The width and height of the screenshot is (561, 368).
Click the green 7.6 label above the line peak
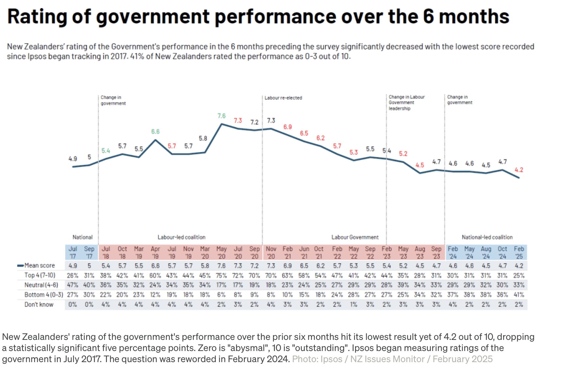[x=221, y=116]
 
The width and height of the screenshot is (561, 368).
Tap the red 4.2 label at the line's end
[x=519, y=170]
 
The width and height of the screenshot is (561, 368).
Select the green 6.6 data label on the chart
[x=155, y=131]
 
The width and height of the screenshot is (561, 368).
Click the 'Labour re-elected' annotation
[x=283, y=98]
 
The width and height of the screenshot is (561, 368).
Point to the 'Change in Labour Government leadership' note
[x=406, y=103]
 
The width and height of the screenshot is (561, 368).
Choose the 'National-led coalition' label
[x=487, y=237]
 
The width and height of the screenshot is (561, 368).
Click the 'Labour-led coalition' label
[x=181, y=237]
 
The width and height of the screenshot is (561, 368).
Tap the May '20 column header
[x=221, y=253]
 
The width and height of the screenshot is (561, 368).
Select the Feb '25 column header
[x=519, y=253]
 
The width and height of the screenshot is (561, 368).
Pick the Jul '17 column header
[x=73, y=253]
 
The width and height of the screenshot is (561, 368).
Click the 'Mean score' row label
[x=40, y=265]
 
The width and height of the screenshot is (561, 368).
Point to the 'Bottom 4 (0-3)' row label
[x=43, y=295]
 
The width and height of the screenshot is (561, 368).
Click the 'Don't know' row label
[x=39, y=305]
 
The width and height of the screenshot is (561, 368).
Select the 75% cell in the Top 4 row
[x=221, y=275]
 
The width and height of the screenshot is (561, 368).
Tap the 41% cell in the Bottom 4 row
[x=519, y=295]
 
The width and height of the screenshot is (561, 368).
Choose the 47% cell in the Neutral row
[x=73, y=285]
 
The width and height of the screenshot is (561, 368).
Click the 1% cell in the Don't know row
[x=353, y=305]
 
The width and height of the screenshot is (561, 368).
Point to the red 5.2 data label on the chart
[x=403, y=154]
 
